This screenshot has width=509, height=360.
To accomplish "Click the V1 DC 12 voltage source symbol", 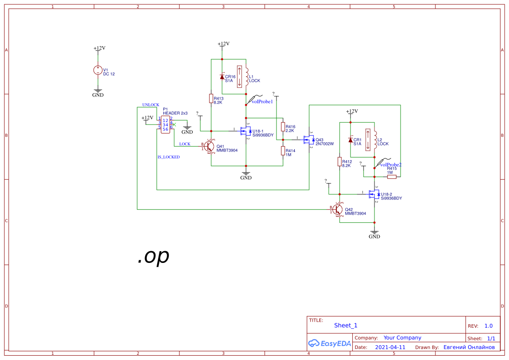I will click(98, 70).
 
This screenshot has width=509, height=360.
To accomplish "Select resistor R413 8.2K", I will click(211, 99).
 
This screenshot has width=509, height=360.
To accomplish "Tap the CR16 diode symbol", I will click(222, 77).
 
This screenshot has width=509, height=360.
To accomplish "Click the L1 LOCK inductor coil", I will click(246, 77).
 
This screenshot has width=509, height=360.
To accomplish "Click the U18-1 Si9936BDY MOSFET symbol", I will click(245, 131).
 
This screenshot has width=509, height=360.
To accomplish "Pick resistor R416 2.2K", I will click(283, 127).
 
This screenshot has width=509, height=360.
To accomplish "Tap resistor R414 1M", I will click(283, 151).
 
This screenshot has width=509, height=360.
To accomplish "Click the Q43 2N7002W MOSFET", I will click(309, 140).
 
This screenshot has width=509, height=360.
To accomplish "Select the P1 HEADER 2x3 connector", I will click(165, 124).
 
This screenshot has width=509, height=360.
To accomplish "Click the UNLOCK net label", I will click(151, 104).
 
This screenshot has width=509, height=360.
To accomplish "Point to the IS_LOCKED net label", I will click(169, 157).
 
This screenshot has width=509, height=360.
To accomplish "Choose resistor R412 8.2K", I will click(340, 161).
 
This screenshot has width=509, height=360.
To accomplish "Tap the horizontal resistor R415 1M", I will click(392, 177).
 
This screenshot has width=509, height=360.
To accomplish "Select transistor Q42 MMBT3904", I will click(338, 209).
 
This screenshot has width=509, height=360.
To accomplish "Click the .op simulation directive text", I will click(153, 256).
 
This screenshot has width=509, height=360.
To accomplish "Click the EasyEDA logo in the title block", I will click(329, 343).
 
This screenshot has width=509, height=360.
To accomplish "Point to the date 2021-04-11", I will click(390, 347).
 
